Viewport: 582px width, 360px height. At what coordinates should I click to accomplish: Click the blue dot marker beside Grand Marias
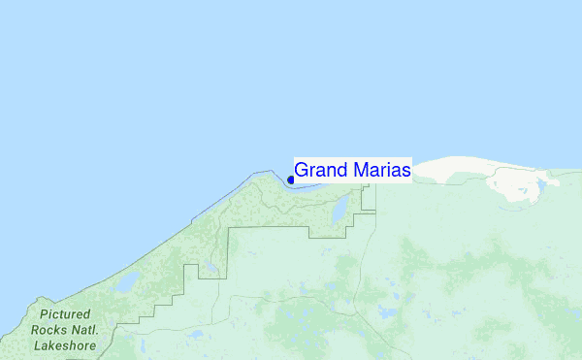click(291, 180)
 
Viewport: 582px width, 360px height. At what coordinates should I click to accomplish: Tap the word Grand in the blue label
click(323, 170)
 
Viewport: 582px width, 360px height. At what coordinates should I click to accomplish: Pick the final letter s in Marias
click(405, 171)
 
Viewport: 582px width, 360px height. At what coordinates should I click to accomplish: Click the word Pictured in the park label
click(65, 315)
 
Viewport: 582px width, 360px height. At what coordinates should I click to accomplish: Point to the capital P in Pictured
click(45, 315)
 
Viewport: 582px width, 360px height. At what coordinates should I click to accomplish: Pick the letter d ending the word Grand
click(343, 170)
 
